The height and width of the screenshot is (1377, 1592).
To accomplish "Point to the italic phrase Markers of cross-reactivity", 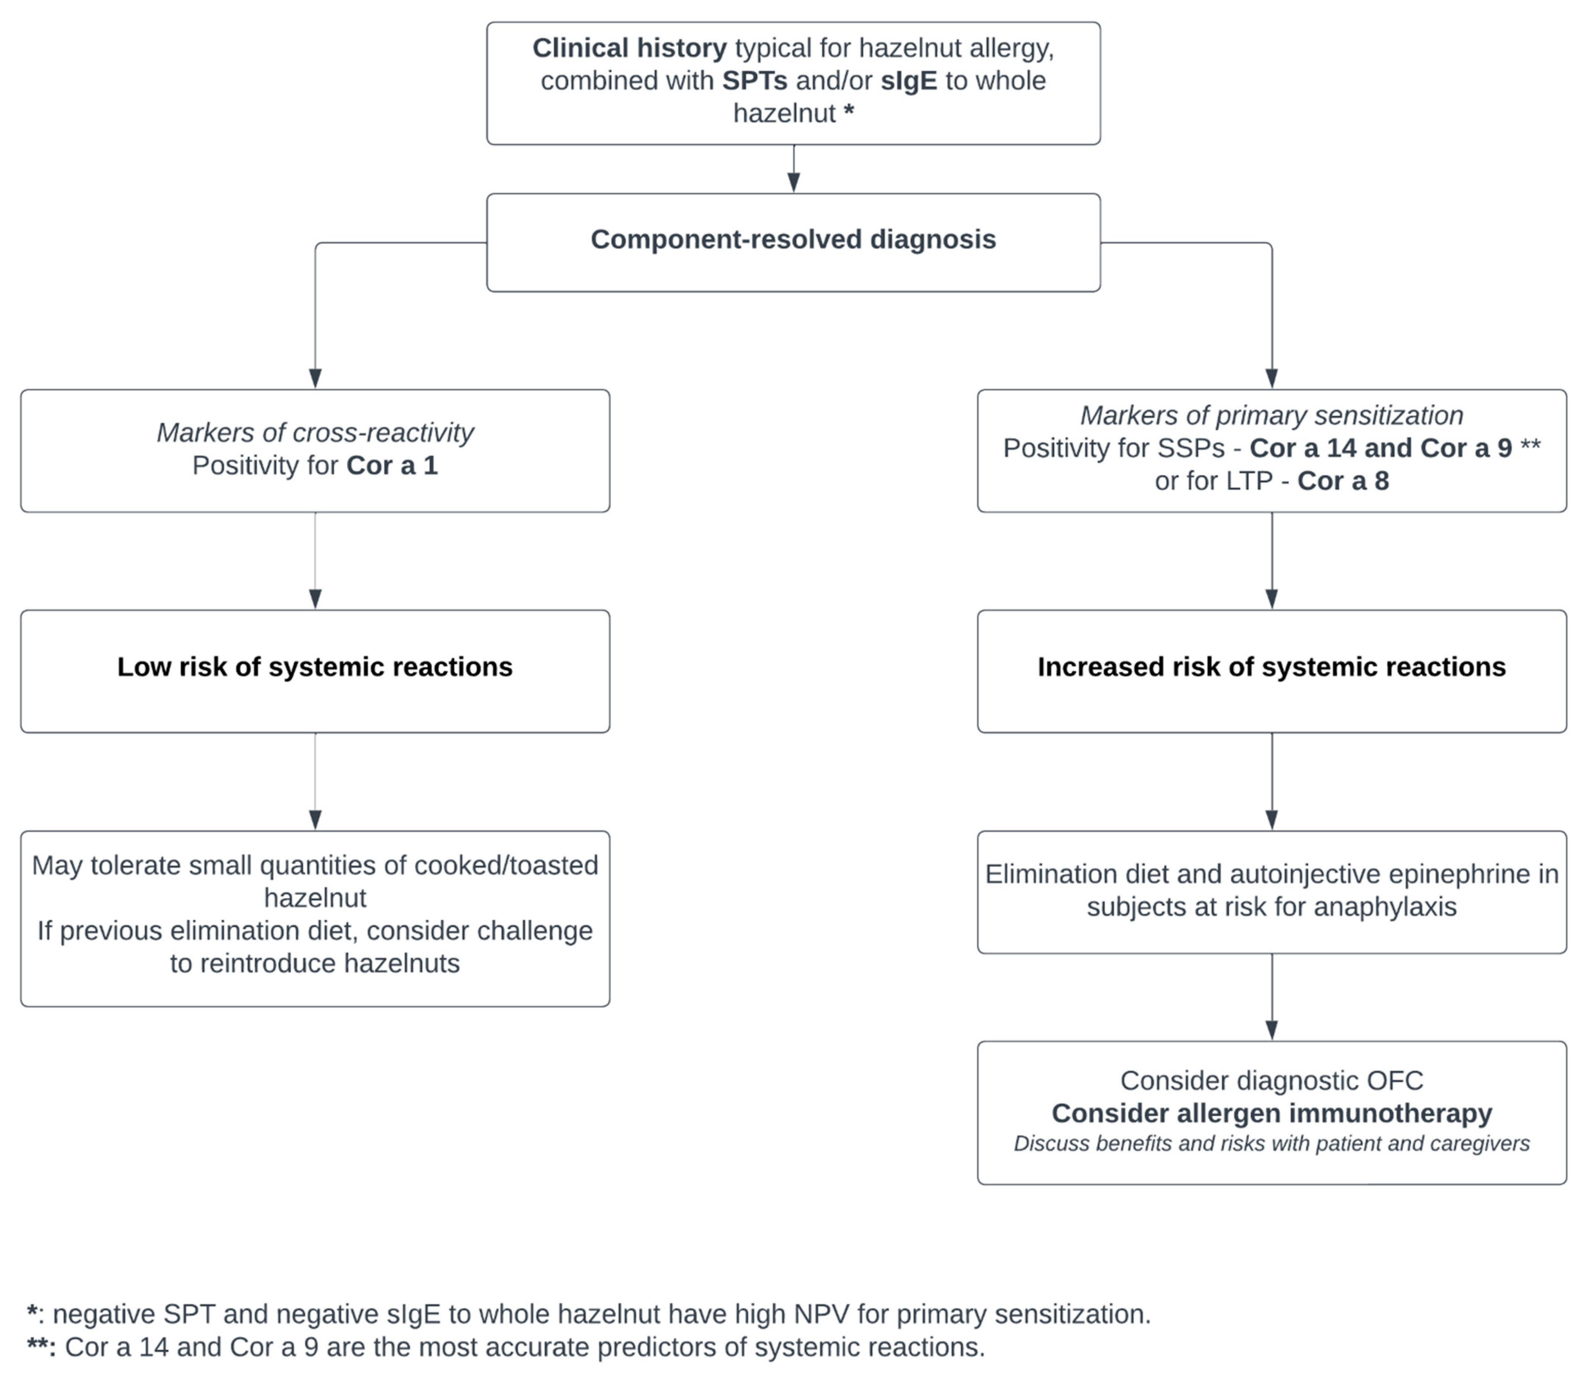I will click(x=315, y=433).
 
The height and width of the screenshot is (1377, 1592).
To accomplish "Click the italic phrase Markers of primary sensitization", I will click(x=1271, y=416).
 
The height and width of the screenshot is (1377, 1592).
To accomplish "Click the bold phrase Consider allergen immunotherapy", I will click(x=1271, y=1113).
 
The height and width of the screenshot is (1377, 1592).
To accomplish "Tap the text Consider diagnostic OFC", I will click(x=1271, y=1081).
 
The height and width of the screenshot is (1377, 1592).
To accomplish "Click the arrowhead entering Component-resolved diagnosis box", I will click(x=794, y=182).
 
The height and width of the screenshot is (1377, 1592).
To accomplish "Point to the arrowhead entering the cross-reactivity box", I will click(x=315, y=378).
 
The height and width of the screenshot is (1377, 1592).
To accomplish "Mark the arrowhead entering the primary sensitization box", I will click(x=1271, y=378).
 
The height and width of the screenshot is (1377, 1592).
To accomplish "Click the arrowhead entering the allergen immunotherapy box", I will click(x=1271, y=1030).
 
